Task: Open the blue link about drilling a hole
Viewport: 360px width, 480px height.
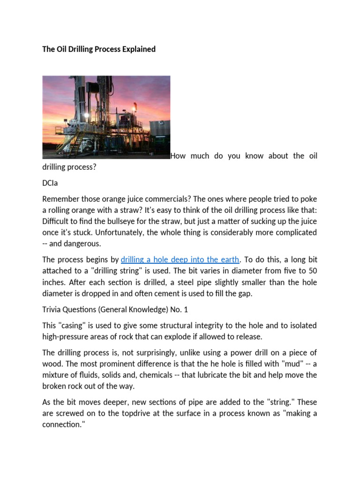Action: click(x=180, y=260)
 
